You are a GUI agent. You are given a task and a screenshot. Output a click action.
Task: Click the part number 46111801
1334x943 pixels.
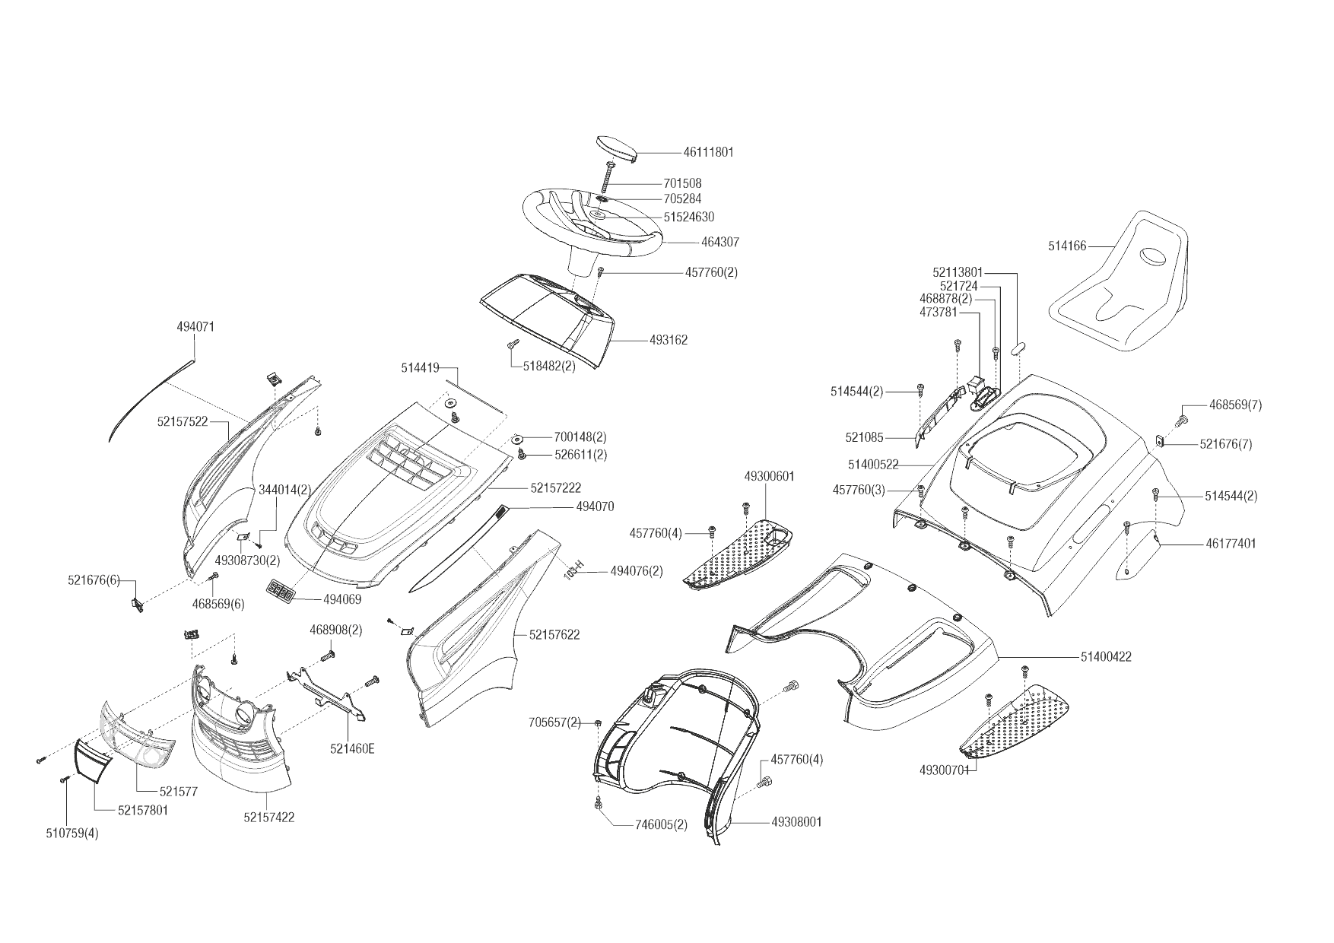click(708, 152)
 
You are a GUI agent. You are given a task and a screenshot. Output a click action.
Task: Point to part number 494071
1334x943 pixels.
click(195, 327)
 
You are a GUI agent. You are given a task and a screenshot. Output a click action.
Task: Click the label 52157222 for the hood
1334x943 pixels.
click(556, 487)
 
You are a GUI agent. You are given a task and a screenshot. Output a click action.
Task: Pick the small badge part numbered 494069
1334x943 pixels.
click(280, 591)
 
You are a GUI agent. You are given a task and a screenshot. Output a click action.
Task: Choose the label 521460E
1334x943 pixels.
click(352, 748)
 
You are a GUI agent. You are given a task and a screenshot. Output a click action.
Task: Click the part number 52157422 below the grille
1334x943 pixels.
click(269, 818)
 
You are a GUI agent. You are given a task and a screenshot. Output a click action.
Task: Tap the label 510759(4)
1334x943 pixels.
click(72, 833)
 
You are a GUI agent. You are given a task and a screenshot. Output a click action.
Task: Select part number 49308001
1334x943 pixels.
click(796, 822)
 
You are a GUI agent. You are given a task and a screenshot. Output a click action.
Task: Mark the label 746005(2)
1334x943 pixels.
click(661, 826)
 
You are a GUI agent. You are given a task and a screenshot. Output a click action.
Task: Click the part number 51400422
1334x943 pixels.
click(1105, 657)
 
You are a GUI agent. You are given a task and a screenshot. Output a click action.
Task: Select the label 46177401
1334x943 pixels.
click(1231, 544)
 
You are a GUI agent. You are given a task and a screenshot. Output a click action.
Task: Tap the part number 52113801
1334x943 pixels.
click(958, 272)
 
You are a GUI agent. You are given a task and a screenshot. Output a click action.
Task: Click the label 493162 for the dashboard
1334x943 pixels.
click(669, 340)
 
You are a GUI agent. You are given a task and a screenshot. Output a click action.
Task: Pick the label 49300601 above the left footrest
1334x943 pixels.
click(769, 477)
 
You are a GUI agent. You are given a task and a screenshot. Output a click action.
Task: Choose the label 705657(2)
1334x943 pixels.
click(554, 722)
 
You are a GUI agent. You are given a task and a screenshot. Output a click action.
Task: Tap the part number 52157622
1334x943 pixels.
click(554, 635)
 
